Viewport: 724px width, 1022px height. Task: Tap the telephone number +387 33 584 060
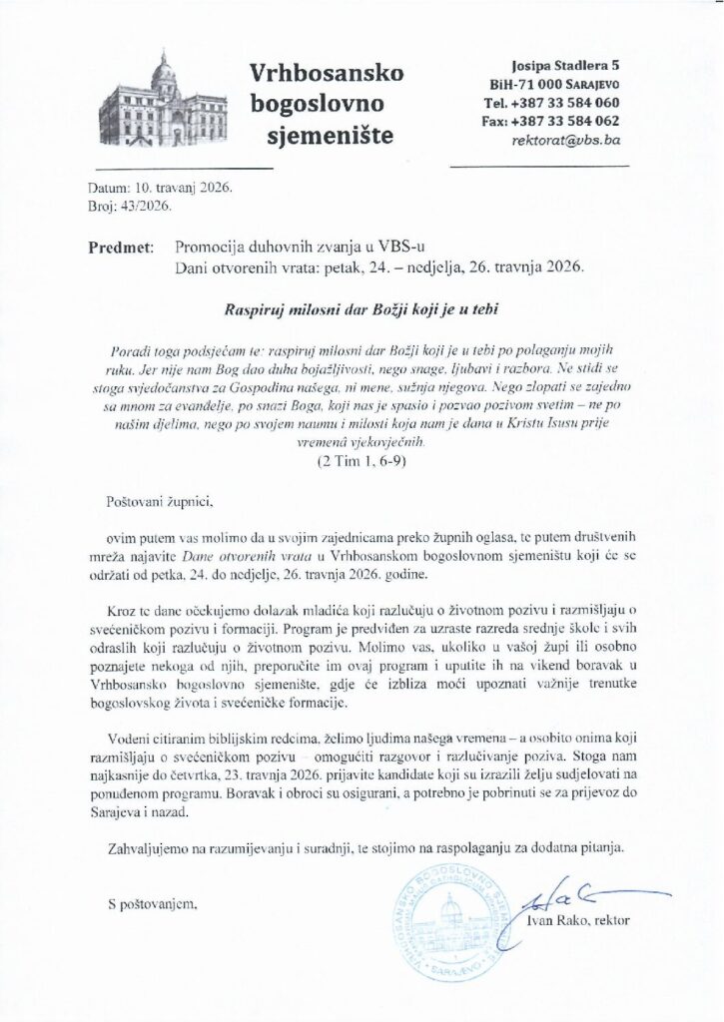pos(565,103)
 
